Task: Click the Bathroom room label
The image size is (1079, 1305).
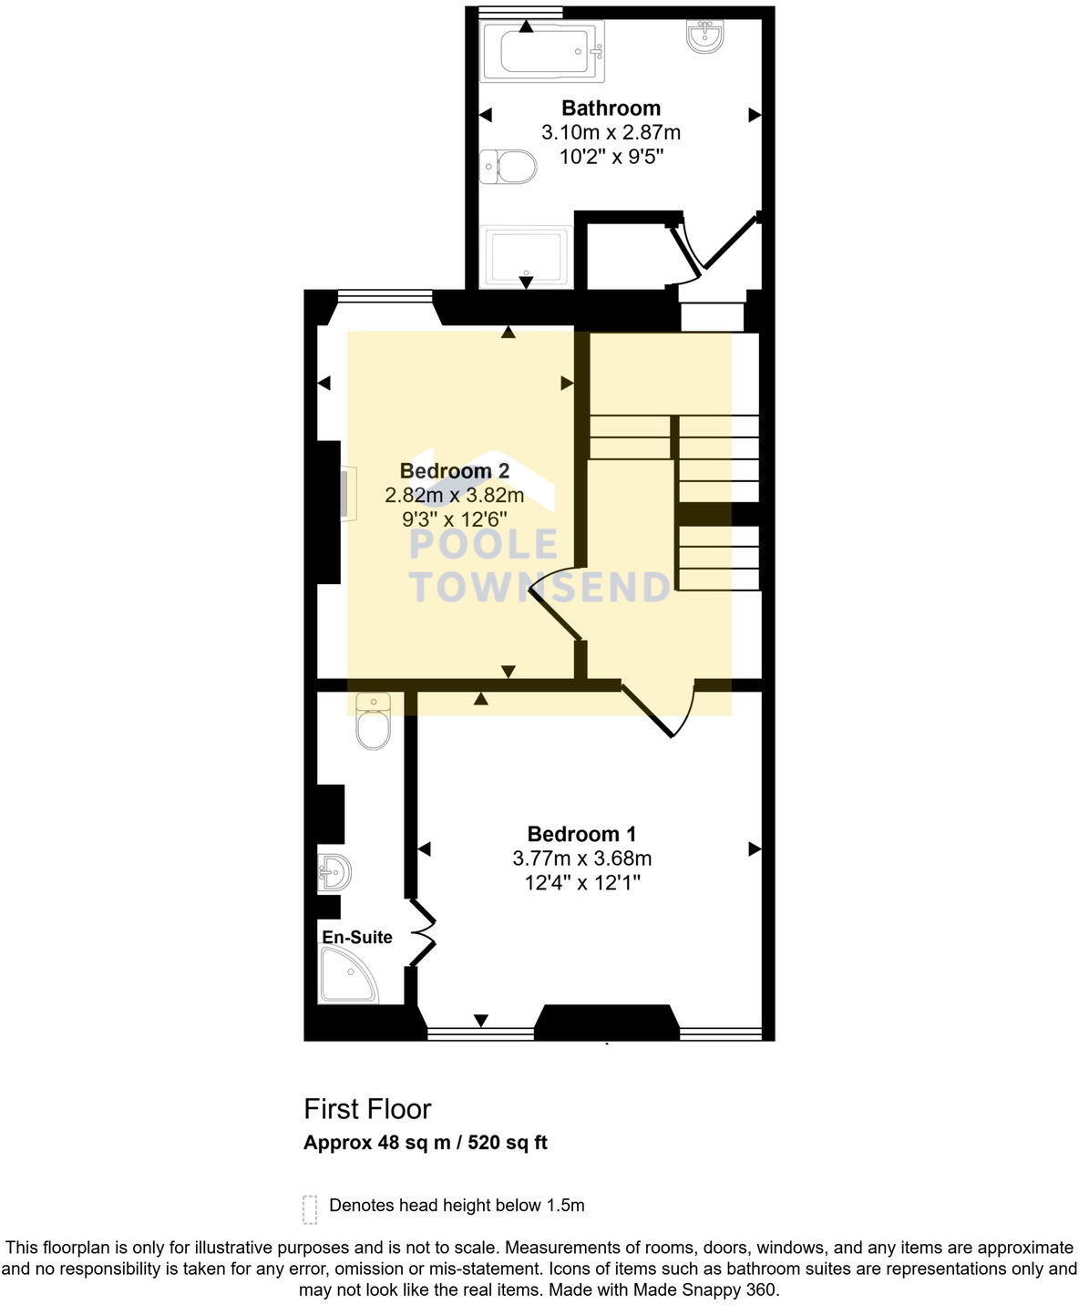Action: coord(611,108)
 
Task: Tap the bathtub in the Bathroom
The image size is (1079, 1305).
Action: coord(541,51)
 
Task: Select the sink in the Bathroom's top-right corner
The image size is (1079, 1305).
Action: coord(705,36)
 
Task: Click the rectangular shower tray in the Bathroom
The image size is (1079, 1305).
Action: coord(528,257)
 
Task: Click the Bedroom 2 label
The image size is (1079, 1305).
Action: coord(454,471)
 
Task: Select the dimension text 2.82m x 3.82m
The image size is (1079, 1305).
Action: coord(454,496)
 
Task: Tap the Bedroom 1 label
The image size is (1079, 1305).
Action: coord(581,834)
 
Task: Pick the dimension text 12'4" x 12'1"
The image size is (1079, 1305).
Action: coord(581,882)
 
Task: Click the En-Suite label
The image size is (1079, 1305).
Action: coord(356,937)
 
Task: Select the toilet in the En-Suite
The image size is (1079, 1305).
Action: coord(373,724)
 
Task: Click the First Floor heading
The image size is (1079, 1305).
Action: coord(367,1109)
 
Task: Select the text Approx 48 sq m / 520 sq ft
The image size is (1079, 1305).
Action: coord(425,1143)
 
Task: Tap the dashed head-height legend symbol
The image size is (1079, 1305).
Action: coord(310,1208)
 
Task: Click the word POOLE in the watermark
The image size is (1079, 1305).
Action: coord(483,545)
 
